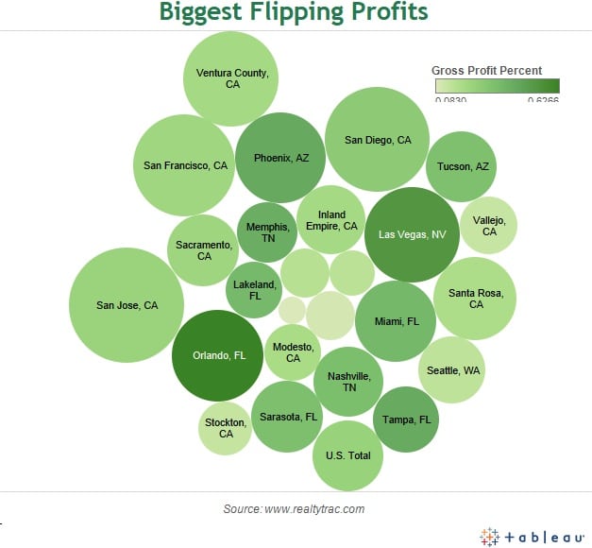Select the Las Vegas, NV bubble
coord(412,235)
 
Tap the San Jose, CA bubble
coord(127,305)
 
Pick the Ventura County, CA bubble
coord(231,78)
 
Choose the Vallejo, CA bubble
coord(489,226)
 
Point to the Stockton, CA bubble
coord(226,428)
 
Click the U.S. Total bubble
coord(347,455)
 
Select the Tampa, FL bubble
coord(406,420)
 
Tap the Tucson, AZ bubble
coord(462,166)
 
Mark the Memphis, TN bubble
coord(267,232)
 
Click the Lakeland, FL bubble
coord(255,289)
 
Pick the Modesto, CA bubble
coord(293,352)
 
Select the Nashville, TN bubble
coord(349,382)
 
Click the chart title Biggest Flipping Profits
coord(293,13)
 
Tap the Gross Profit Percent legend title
coord(486,70)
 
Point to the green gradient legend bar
coord(497,85)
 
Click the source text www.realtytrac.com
coord(294,509)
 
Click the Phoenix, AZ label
coord(280,158)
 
